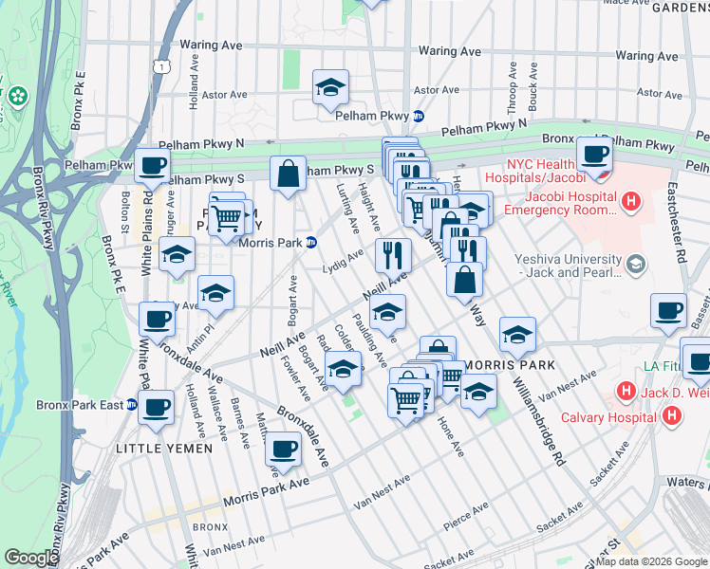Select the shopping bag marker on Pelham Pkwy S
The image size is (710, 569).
click(x=288, y=174)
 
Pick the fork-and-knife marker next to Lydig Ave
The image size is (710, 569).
click(x=390, y=254)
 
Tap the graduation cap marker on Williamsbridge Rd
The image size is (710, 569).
click(x=516, y=334)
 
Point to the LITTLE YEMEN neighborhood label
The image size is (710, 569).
click(x=158, y=447)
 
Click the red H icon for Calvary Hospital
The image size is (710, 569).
click(x=672, y=415)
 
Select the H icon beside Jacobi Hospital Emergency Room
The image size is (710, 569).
click(x=632, y=201)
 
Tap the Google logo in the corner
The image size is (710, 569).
click(x=31, y=558)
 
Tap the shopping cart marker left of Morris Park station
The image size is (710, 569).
click(x=225, y=217)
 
